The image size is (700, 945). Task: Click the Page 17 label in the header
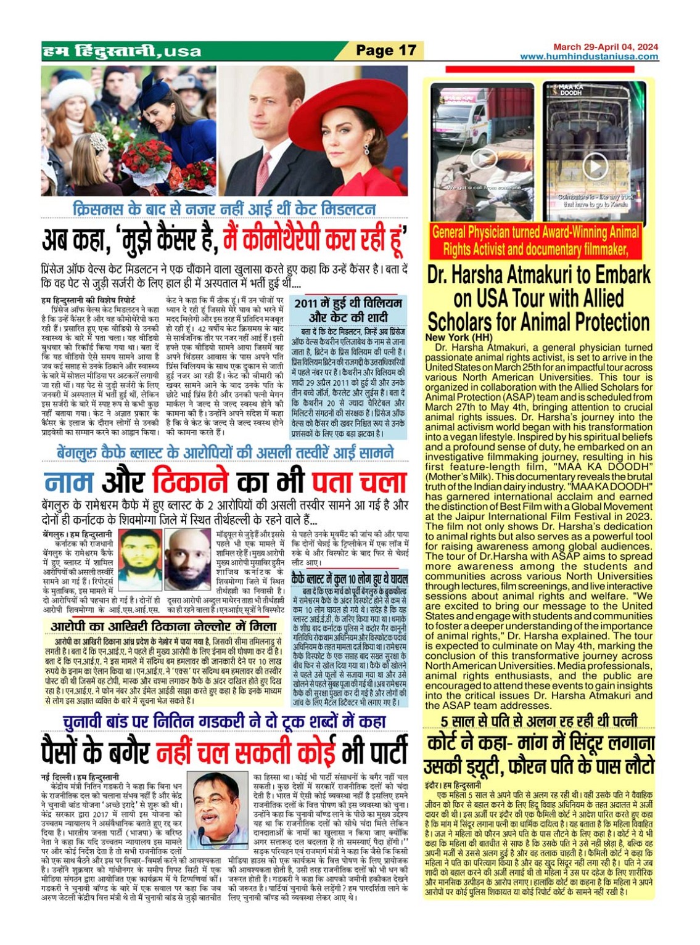[x=386, y=51]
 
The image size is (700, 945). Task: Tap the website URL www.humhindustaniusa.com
[x=589, y=57]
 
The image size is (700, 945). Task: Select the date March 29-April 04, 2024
[x=605, y=47]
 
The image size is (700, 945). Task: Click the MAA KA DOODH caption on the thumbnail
[x=571, y=89]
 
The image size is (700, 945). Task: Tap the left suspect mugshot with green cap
[x=139, y=559]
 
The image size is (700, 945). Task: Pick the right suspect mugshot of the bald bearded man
[x=189, y=559]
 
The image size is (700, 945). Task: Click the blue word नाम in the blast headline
[x=68, y=482]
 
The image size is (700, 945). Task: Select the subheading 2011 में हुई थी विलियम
[x=348, y=303]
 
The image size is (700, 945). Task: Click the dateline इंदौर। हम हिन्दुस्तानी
[x=454, y=786]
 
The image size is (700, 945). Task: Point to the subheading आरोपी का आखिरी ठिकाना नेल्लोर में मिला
[x=163, y=626]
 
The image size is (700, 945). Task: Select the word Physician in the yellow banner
[x=492, y=232]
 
